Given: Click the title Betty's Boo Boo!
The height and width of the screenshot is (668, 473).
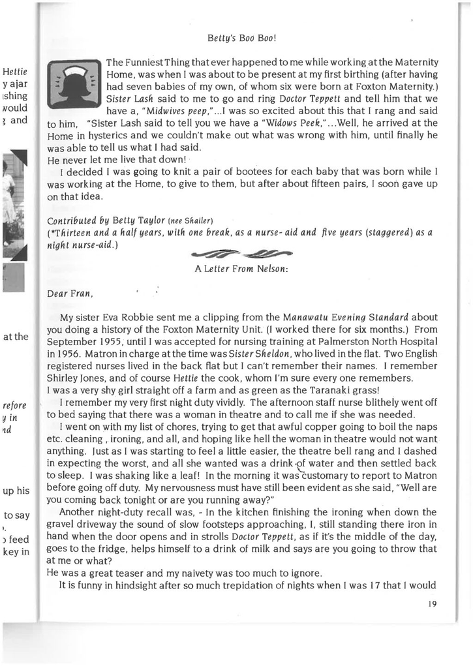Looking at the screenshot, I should [x=242, y=38].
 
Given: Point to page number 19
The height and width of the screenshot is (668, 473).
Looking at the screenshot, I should [x=431, y=603].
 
